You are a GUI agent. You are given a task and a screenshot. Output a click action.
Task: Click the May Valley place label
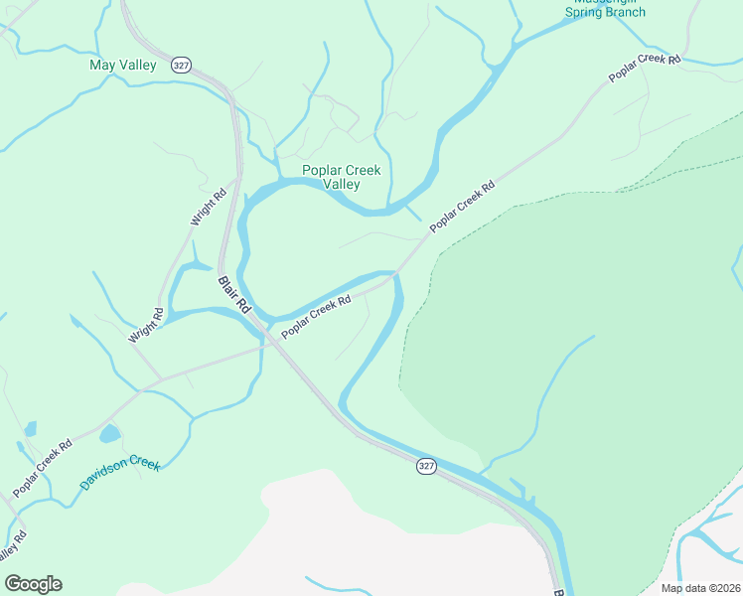pyautogui.click(x=123, y=66)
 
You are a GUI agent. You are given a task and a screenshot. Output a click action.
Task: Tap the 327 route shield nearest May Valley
pyautogui.click(x=180, y=65)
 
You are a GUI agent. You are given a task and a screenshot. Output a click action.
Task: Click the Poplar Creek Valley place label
pyautogui.click(x=342, y=177)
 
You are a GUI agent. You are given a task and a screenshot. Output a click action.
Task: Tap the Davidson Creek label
pyautogui.click(x=119, y=475)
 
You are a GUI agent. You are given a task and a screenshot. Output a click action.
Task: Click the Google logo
pyautogui.click(x=33, y=584)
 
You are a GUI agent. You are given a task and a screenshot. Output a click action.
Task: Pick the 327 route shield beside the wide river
pyautogui.click(x=426, y=466)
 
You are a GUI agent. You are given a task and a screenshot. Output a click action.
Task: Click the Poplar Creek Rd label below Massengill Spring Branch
pyautogui.click(x=645, y=69)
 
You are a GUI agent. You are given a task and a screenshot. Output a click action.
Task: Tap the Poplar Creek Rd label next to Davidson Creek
pyautogui.click(x=43, y=469)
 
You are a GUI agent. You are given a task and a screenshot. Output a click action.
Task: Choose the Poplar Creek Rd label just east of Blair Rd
pyautogui.click(x=317, y=317)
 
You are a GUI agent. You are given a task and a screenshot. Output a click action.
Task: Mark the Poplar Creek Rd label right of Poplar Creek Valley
pyautogui.click(x=462, y=208)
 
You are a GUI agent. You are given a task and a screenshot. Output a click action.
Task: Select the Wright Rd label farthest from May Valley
pyautogui.click(x=145, y=326)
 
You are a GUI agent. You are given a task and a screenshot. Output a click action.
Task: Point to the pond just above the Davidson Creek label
pyautogui.click(x=109, y=434)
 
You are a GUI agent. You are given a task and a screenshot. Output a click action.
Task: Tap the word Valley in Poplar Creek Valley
pyautogui.click(x=342, y=184)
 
